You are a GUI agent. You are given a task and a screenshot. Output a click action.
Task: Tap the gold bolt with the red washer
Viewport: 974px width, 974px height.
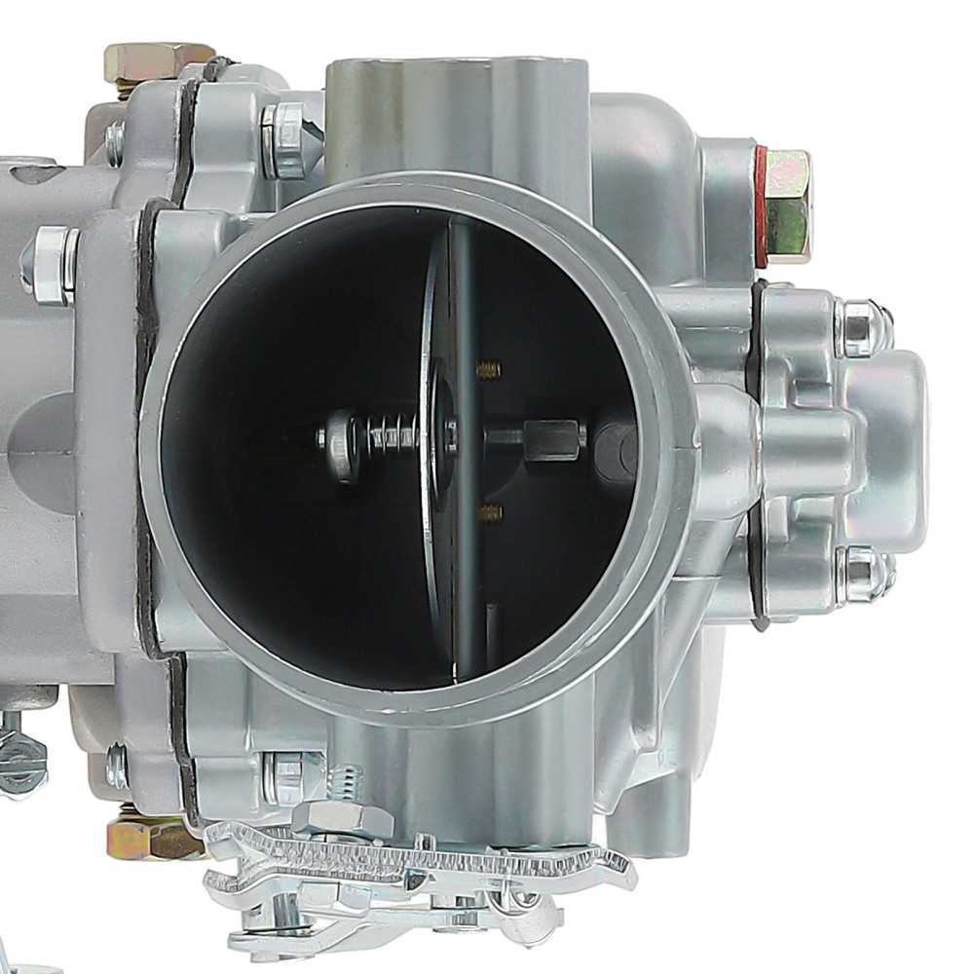tap(787, 206)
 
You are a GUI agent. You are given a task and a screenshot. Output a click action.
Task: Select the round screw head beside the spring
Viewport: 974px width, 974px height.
tap(341, 444)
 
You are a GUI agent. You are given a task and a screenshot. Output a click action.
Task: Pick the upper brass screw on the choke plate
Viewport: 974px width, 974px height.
tap(489, 369)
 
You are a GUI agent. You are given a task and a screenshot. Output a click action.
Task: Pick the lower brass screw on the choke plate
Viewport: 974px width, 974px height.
tap(490, 510)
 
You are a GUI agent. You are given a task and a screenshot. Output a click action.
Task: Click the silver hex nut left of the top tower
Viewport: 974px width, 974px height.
tap(284, 140)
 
